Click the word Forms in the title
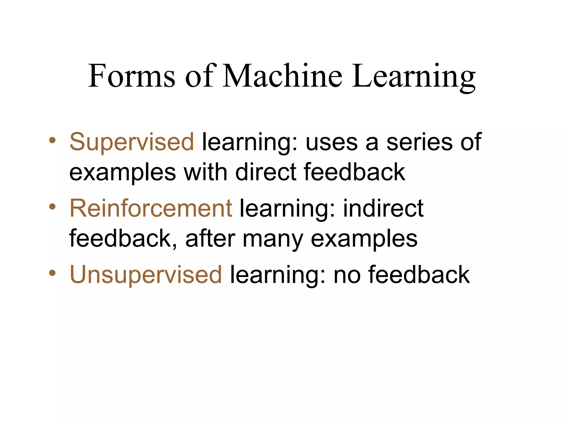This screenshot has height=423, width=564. pyautogui.click(x=131, y=75)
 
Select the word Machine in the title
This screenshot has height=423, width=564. pyautogui.click(x=282, y=75)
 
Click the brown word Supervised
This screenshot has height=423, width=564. pyautogui.click(x=132, y=142)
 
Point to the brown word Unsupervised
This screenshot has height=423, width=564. pyautogui.click(x=146, y=274)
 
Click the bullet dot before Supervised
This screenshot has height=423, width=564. pyautogui.click(x=52, y=140)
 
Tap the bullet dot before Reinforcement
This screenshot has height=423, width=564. pyautogui.click(x=52, y=206)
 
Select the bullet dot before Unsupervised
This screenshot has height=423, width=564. pyautogui.click(x=52, y=273)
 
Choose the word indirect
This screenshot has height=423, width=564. pyautogui.click(x=383, y=208)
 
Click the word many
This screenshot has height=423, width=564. pyautogui.click(x=273, y=239)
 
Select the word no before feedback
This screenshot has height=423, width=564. pyautogui.click(x=347, y=275)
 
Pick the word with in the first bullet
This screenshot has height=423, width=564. pyautogui.click(x=205, y=172)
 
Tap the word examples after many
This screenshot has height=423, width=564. pyautogui.click(x=364, y=239)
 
